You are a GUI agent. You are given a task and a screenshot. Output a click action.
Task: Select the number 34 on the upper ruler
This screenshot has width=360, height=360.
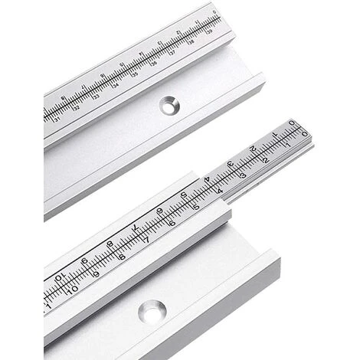point(115,87)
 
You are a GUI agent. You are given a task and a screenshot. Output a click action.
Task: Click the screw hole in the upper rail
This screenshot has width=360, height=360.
point(168,106)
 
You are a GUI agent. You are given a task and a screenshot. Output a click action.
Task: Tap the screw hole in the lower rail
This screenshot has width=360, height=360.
point(152,311)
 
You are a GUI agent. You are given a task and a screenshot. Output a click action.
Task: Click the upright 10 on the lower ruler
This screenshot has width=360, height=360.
point(73,290)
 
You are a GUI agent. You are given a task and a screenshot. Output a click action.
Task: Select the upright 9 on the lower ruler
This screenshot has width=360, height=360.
point(96,273)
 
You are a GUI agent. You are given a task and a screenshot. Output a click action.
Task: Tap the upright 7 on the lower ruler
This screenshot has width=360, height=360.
point(147,240)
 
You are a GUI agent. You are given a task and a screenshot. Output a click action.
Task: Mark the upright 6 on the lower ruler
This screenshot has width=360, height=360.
point(172,223)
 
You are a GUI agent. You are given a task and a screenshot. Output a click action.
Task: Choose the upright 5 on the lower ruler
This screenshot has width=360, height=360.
point(196,208)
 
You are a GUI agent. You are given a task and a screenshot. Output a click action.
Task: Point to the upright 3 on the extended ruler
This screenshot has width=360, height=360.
point(243,175)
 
